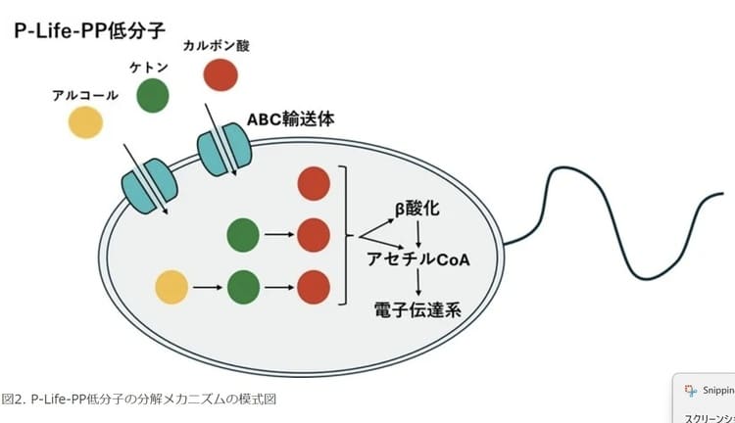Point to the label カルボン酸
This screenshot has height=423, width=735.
[220, 45]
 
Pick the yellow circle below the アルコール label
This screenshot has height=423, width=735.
[85, 122]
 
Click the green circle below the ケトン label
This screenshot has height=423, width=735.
[152, 95]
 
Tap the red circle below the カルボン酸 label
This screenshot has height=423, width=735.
[220, 75]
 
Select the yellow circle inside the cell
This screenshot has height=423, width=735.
[171, 288]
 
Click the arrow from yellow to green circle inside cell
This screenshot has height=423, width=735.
[207, 288]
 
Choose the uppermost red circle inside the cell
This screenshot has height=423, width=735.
[313, 184]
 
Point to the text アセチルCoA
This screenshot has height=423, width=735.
[418, 259]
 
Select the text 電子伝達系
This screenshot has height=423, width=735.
[418, 310]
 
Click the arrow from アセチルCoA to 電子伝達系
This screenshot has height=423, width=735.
[419, 285]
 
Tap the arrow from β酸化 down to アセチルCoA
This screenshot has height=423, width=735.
[419, 234]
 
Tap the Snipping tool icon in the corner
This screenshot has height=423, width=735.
[691, 389]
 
